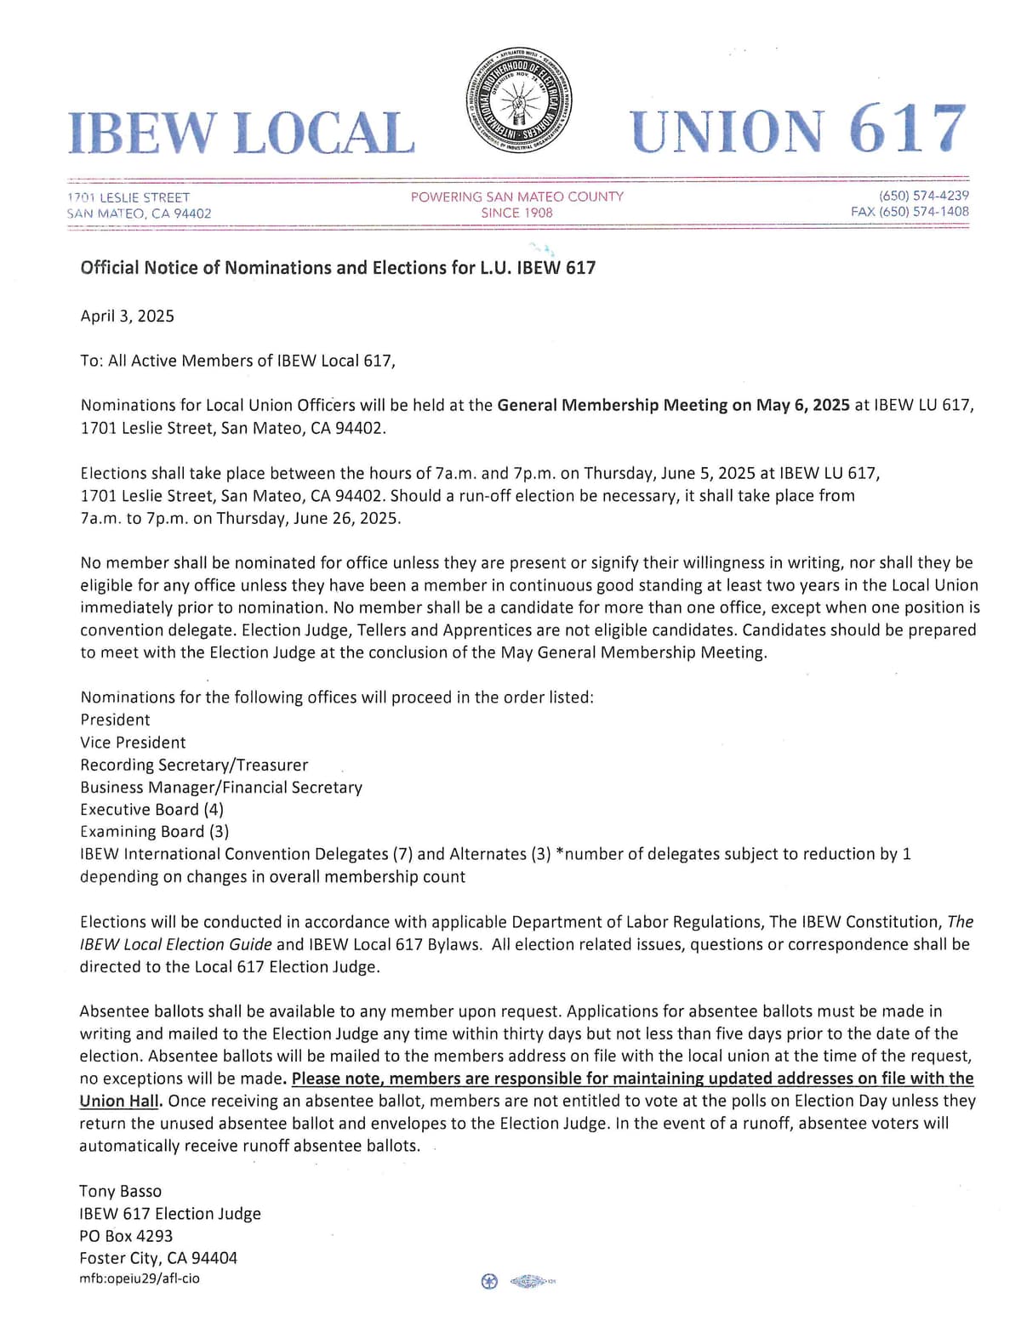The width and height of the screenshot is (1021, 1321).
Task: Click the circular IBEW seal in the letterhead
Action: pos(520,100)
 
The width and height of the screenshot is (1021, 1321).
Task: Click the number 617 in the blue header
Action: pos(907,130)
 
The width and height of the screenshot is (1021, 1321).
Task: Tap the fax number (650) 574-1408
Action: pos(910,212)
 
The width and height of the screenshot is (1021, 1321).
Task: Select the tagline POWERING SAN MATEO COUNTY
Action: pos(516,196)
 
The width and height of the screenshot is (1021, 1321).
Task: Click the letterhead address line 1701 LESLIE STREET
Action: pos(128,197)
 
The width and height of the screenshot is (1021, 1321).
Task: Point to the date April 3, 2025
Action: pos(128,316)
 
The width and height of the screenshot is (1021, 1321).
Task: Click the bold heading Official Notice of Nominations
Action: pos(338,268)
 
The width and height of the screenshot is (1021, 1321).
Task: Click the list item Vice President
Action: pos(133,743)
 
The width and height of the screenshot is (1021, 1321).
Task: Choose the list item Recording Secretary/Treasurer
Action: pos(194,765)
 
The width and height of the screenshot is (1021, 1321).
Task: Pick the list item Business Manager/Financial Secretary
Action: pos(221,788)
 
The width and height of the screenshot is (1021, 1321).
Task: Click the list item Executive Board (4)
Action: pos(152,810)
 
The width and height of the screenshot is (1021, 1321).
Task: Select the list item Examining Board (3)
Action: pos(155,832)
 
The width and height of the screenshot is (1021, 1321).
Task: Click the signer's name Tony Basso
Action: pos(121,1192)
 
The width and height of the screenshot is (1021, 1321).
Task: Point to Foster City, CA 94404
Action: pos(158,1258)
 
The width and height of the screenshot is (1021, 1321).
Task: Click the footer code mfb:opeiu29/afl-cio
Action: pos(140,1278)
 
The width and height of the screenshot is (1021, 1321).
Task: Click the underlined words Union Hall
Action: pos(118,1101)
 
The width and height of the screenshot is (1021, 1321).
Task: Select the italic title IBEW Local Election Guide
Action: pos(176,944)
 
